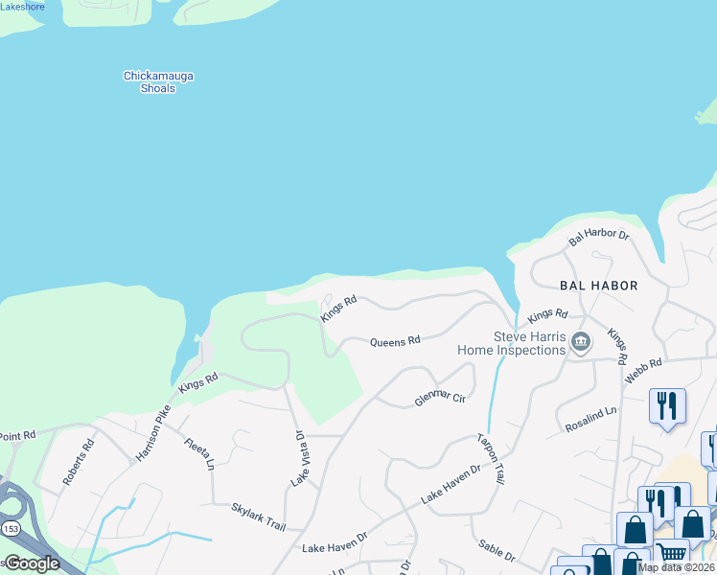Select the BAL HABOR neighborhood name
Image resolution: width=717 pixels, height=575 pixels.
(599, 286)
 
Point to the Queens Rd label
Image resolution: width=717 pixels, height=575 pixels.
(395, 341)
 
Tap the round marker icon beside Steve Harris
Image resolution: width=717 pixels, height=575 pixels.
(580, 342)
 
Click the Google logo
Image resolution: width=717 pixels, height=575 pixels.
(33, 563)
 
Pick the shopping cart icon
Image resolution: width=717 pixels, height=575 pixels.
(672, 552)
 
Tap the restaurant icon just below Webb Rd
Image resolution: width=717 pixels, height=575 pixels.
(667, 404)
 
